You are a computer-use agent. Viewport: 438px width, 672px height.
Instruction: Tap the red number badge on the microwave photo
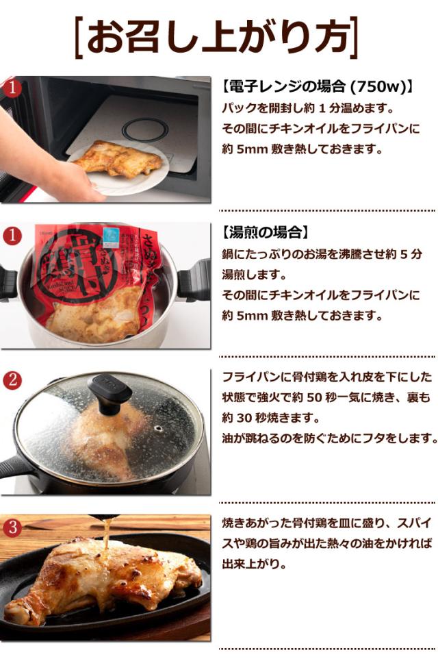(x=12, y=88)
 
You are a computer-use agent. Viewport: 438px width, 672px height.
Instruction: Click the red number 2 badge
(x=12, y=379)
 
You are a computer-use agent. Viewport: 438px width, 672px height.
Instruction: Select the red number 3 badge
(x=12, y=527)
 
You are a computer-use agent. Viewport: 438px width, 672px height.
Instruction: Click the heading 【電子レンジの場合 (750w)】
(x=318, y=87)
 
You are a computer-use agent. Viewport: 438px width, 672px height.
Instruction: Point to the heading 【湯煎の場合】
(x=265, y=233)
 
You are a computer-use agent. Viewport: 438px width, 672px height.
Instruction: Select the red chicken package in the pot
(x=97, y=281)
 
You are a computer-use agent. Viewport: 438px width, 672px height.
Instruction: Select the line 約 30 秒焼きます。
(x=270, y=417)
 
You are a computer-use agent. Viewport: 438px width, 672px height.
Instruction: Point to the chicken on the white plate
(x=118, y=158)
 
